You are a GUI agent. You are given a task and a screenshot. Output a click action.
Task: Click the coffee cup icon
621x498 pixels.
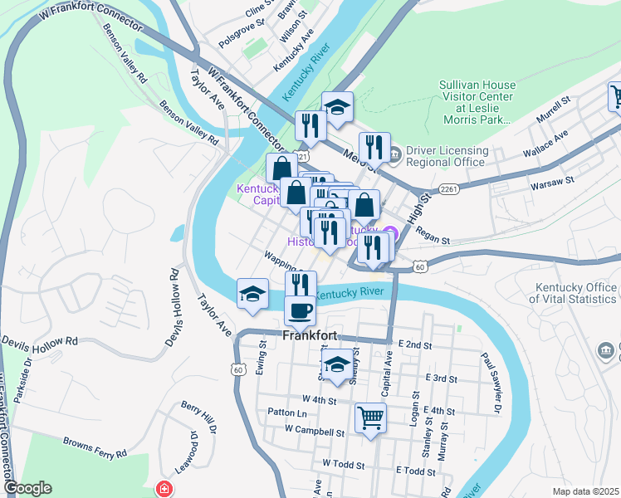coord(300,311)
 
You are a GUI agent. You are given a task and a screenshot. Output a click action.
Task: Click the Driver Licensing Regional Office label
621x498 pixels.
coord(445,156)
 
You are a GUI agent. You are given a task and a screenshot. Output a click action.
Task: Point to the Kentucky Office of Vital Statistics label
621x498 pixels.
coord(574,294)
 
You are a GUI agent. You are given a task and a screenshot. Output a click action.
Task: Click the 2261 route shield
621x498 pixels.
coord(450,190)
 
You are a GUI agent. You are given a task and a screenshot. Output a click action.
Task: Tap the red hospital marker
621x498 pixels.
coord(164,489)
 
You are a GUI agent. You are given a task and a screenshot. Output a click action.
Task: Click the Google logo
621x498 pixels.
coord(27,488)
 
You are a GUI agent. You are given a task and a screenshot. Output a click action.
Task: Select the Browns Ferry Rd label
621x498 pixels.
coord(95,454)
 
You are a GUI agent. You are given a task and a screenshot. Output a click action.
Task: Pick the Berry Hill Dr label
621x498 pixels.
coord(198,417)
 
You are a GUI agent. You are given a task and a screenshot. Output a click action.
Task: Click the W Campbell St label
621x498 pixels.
coord(314,432)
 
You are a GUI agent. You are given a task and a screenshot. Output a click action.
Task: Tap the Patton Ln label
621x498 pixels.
coord(287,413)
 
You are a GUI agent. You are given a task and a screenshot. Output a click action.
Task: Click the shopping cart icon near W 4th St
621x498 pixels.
coord(369,418)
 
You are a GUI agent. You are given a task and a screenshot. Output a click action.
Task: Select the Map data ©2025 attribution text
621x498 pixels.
coord(585,491)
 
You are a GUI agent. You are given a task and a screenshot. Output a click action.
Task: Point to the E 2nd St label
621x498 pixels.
coord(417,344)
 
